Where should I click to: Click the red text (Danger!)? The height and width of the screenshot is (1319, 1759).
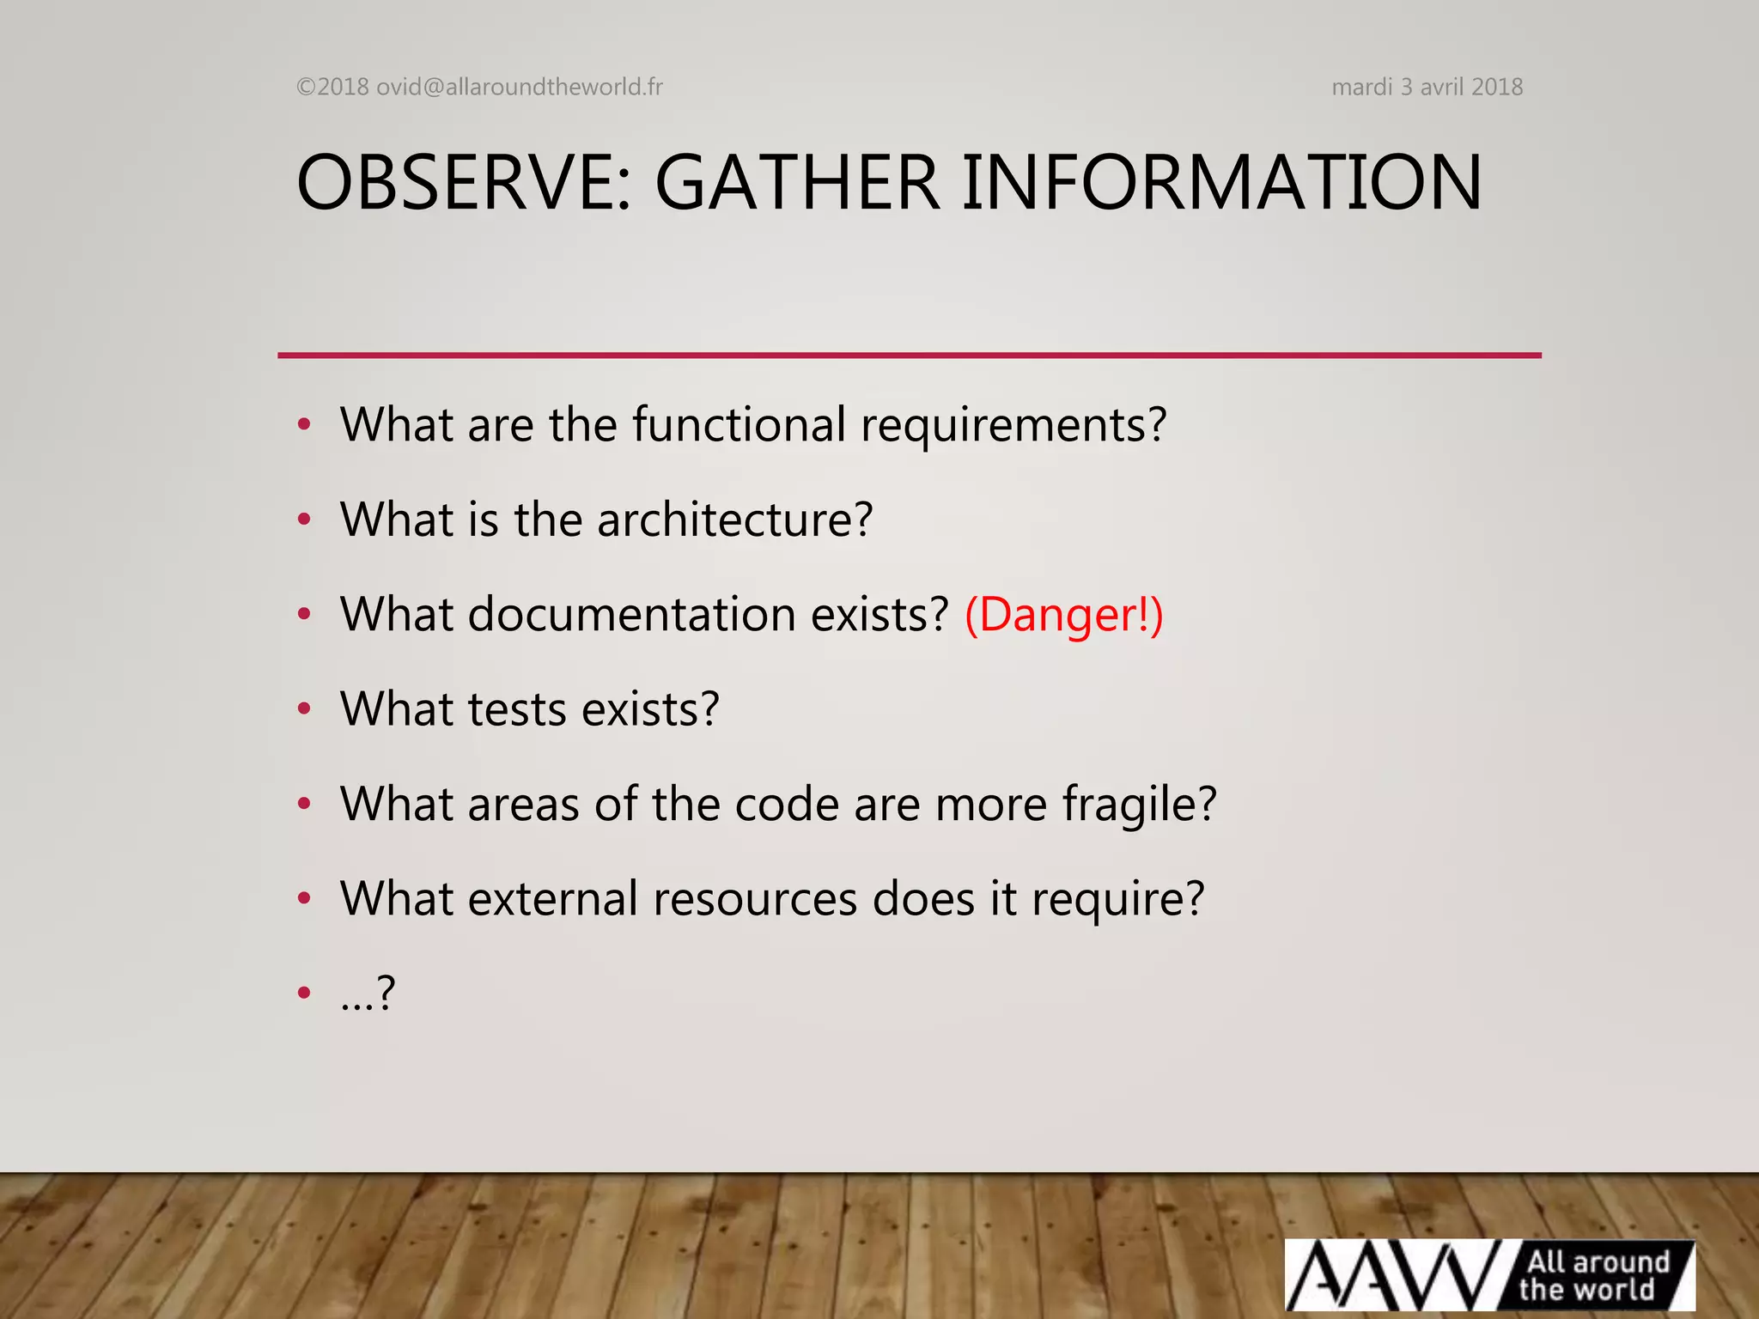[1064, 615]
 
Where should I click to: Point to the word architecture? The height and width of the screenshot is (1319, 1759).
[734, 520]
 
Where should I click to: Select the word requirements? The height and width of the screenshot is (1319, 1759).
[1013, 426]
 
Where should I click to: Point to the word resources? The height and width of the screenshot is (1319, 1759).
[755, 899]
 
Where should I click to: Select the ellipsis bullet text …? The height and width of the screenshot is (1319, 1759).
[368, 994]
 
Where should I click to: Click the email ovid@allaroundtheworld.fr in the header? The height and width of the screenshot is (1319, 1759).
[519, 87]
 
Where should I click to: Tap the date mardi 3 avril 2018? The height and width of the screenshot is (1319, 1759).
[1427, 87]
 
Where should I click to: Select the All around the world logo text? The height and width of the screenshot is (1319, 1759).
[1593, 1275]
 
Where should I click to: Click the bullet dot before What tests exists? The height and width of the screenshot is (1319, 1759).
[303, 709]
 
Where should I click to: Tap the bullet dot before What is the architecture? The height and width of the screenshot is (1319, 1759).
[303, 520]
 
